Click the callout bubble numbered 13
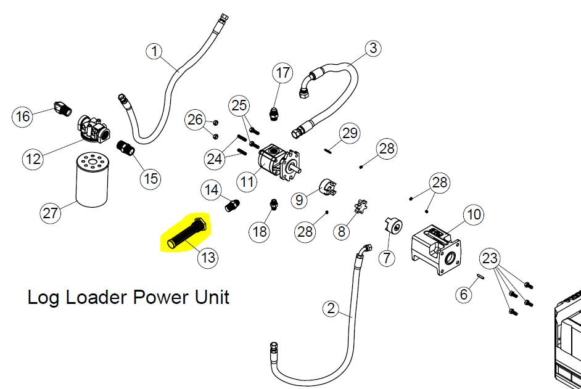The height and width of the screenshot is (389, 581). pos(208,257)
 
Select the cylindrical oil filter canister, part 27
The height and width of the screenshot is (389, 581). pos(92,180)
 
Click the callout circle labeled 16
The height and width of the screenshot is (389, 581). pos(23,116)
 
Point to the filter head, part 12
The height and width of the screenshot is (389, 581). pos(94,129)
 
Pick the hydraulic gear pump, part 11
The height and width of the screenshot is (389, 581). pos(279,162)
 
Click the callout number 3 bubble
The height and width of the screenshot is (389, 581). pos(373,48)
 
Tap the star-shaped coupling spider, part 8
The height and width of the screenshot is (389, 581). pos(360,207)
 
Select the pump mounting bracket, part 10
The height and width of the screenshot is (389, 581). pos(437,248)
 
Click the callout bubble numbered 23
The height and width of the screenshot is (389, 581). pos(490,258)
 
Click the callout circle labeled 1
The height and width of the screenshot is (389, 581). pos(155,51)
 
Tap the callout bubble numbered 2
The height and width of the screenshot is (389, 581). pos(331,308)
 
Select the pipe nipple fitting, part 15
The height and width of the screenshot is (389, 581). pos(126,147)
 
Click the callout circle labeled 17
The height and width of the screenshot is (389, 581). pos(282,73)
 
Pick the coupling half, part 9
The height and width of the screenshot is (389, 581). pos(328,187)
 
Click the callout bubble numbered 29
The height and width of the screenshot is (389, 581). pos(350,133)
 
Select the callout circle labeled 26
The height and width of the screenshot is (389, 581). pos(196,120)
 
